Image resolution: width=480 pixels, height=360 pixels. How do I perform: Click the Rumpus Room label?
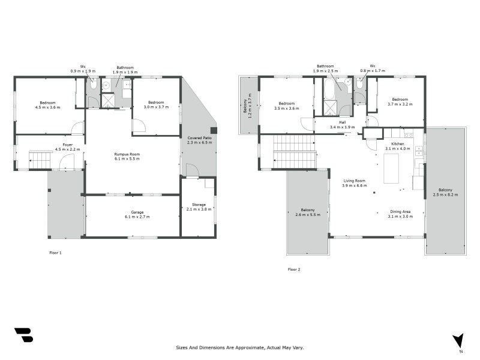127,157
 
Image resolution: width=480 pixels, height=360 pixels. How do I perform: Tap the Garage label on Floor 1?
137,214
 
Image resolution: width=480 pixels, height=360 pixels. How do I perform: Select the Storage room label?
199,207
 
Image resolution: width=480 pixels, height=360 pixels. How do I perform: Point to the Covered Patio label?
199,140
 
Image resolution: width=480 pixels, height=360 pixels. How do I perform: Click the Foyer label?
67,147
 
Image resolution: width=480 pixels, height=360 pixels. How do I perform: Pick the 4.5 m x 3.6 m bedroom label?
48,105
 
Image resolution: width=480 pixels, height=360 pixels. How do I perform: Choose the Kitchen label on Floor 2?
398,146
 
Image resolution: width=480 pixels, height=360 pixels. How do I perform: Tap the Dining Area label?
400,214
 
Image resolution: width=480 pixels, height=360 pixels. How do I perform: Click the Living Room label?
354,183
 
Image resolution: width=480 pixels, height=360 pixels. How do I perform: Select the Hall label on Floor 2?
342,125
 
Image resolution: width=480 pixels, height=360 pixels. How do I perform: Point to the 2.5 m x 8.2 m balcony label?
445,192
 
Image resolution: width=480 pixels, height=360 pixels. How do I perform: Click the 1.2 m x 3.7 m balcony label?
247,106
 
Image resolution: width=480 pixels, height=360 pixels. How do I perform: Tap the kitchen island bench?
391,169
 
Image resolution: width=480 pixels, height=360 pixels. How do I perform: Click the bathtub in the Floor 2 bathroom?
329,89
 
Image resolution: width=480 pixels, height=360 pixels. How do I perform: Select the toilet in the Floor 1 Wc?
93,84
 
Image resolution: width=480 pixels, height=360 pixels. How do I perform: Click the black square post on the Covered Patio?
214,130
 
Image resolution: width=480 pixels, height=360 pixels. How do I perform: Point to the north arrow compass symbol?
458,341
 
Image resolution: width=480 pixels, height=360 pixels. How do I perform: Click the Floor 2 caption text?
294,269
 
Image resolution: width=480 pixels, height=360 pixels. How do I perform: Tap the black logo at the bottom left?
24,335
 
